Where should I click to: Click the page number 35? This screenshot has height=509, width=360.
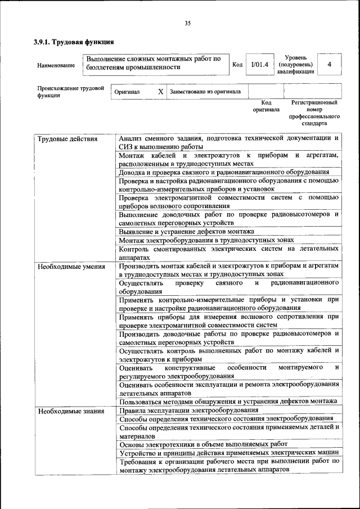click(187, 23)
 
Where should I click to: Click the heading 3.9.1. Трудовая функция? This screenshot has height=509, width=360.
click(74, 42)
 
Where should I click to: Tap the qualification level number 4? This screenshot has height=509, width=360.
click(329, 65)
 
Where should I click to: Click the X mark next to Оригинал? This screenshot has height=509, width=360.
click(160, 91)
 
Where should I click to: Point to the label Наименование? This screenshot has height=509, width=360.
click(56, 65)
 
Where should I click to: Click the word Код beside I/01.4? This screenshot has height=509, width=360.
click(237, 65)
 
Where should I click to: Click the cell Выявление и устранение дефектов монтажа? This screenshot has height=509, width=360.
click(187, 232)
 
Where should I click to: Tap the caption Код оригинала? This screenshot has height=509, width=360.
click(266, 106)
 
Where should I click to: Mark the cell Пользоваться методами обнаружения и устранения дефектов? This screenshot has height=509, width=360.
click(228, 400)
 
